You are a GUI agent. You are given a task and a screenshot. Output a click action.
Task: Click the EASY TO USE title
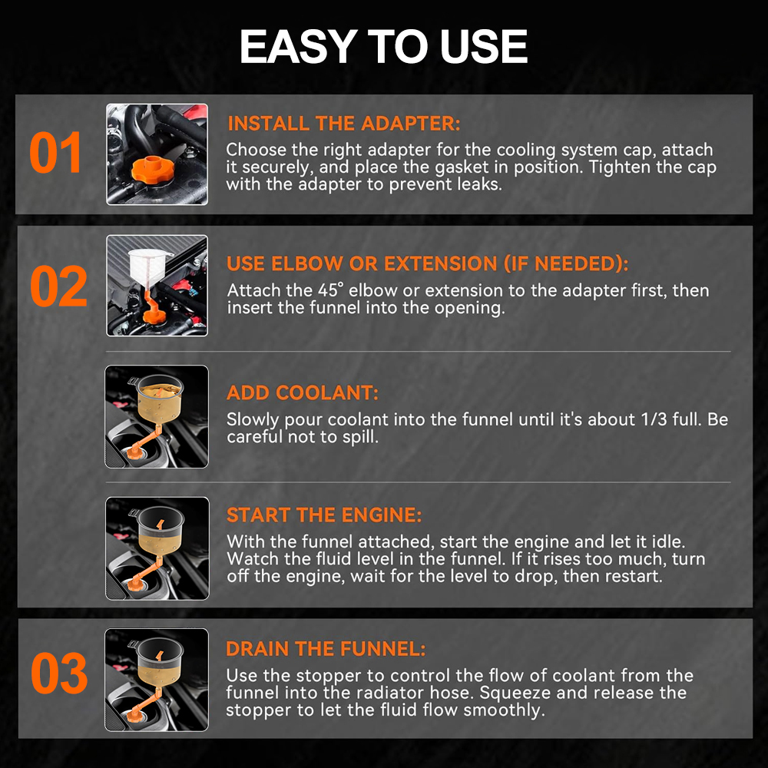pos(383,46)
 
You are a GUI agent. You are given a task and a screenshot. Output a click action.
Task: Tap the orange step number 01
pos(55,153)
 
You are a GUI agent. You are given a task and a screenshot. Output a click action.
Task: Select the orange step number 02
pos(58,286)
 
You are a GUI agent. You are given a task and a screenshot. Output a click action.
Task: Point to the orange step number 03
pos(59,673)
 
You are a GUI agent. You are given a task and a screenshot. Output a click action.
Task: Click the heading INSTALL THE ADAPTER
pos(344,124)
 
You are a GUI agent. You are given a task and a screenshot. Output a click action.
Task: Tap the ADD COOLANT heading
pos(302,392)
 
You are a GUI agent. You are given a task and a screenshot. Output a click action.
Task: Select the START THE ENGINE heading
pos(324,515)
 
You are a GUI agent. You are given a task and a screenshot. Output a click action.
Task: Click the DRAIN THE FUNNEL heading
pos(326,649)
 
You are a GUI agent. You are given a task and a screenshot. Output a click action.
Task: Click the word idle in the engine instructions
pos(668,541)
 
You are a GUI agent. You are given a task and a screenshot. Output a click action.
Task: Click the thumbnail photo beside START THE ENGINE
pos(157,548)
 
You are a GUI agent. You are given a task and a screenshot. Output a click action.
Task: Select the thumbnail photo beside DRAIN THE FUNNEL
pos(157,680)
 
